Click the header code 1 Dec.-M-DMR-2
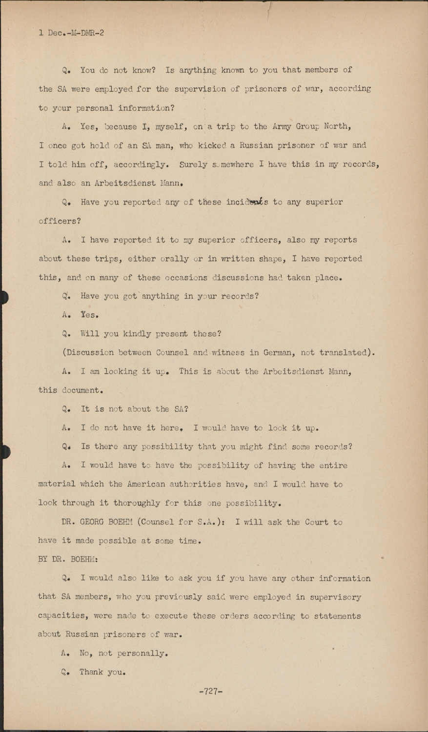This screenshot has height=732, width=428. pos(71,33)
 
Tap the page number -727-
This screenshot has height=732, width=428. pos(211,691)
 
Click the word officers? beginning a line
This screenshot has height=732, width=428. pos(60,221)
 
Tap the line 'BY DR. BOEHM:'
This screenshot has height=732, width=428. pos(68,559)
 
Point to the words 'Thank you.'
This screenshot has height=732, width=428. pos(102,672)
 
